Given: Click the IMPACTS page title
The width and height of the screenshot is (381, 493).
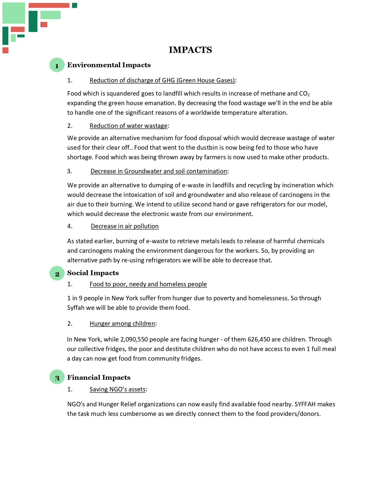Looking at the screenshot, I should pos(190,50).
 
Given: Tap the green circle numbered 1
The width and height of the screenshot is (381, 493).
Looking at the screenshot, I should pos(57,65).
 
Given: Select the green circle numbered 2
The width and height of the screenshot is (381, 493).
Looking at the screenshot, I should pos(57,273).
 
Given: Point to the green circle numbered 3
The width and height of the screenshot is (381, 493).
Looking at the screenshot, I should pos(57,377).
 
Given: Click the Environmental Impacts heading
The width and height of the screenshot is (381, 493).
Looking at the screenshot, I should pos(109,65).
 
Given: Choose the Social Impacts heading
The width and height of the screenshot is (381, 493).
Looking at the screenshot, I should pos(93,273).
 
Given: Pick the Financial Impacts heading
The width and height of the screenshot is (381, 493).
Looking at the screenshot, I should pos(99,377).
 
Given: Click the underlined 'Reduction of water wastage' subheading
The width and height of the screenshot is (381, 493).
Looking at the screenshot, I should pos(128,126).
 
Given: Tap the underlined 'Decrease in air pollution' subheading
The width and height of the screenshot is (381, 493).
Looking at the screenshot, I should pos(125,226).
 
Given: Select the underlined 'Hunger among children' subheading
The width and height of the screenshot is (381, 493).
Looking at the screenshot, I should pos(122,324).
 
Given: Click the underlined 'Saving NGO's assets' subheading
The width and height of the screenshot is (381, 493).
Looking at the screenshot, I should pos(117,389).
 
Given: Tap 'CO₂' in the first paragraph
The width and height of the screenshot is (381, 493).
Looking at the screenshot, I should pos(304,94).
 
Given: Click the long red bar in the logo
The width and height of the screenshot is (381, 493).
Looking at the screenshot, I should pos(49,5).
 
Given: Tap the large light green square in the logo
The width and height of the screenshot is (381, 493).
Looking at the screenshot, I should pos(14,13).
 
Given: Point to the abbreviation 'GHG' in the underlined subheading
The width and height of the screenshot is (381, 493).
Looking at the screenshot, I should pos(168,80).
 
